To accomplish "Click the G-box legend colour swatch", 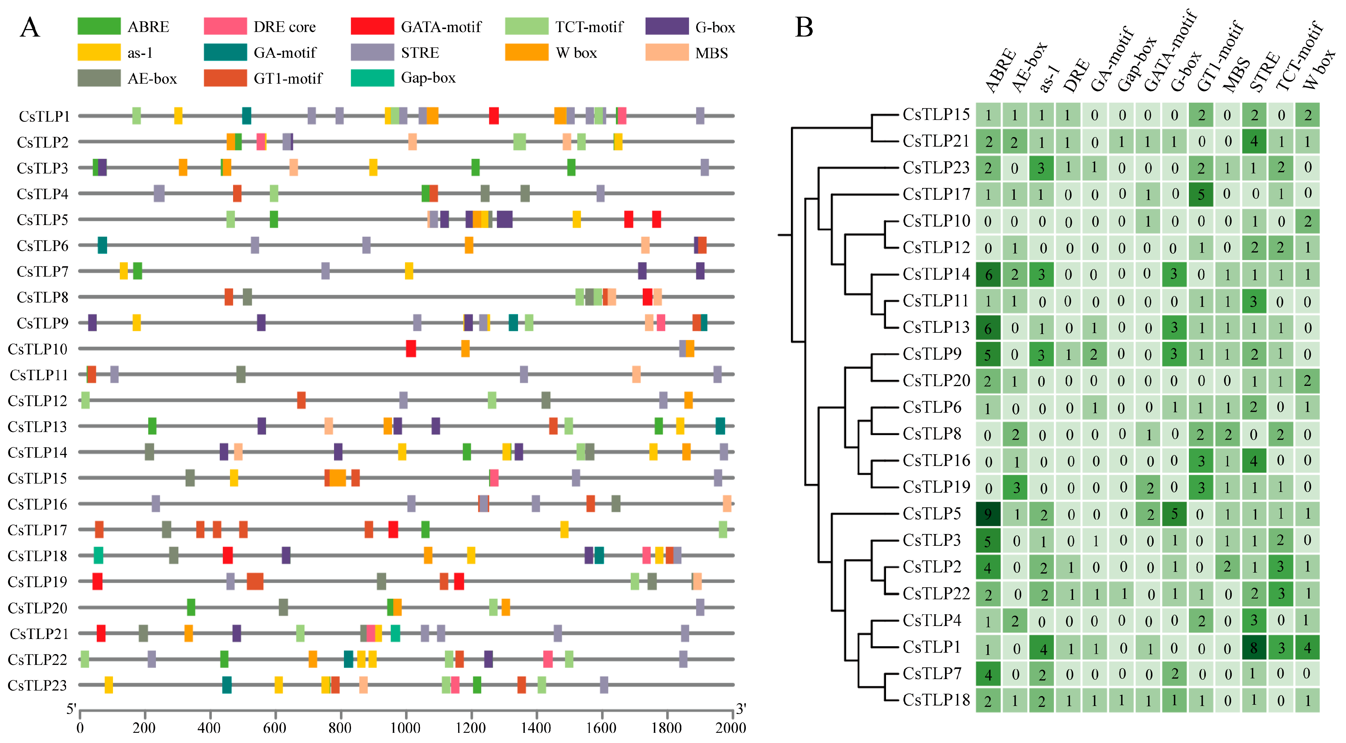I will pyautogui.click(x=667, y=26).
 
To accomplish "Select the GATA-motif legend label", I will pyautogui.click(x=441, y=27).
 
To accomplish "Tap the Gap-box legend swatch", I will pyautogui.click(x=372, y=78).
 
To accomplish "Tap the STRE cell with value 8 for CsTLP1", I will pyautogui.click(x=1253, y=648).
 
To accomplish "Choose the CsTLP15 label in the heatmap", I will pyautogui.click(x=936, y=115).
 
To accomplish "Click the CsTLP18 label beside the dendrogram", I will pyautogui.click(x=936, y=700).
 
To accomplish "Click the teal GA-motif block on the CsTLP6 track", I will pyautogui.click(x=102, y=245).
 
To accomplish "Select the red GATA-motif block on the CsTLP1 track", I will pyautogui.click(x=493, y=116).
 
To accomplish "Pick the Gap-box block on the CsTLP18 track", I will pyautogui.click(x=98, y=555).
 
